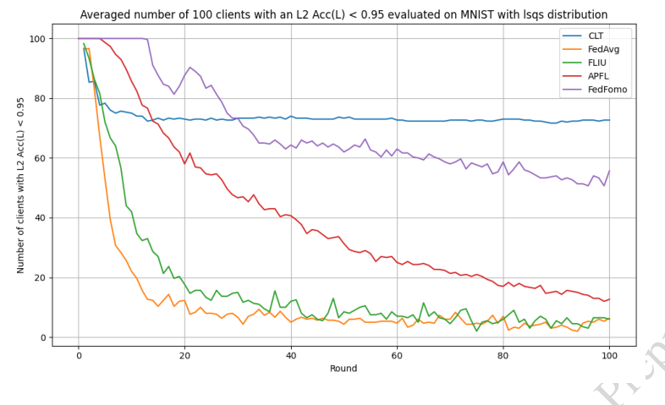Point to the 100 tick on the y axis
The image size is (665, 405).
click(x=37, y=39)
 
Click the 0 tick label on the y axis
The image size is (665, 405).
click(x=42, y=338)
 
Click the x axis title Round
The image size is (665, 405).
click(x=343, y=369)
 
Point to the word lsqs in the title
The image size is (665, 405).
click(x=551, y=14)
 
